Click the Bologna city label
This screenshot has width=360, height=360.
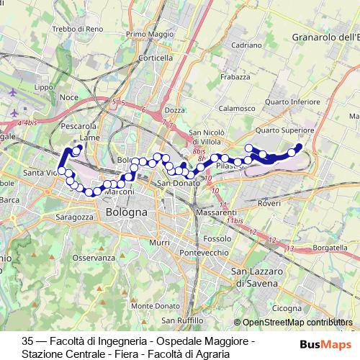point(126,213)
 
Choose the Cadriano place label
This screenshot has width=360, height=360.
point(246,45)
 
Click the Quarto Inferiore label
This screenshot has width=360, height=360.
point(292,102)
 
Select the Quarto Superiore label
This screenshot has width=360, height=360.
point(285,130)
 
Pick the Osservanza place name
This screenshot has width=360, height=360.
point(94,257)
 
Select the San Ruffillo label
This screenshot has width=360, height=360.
point(182,320)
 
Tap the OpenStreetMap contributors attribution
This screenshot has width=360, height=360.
point(297,323)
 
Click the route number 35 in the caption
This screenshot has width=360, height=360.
point(28,340)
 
